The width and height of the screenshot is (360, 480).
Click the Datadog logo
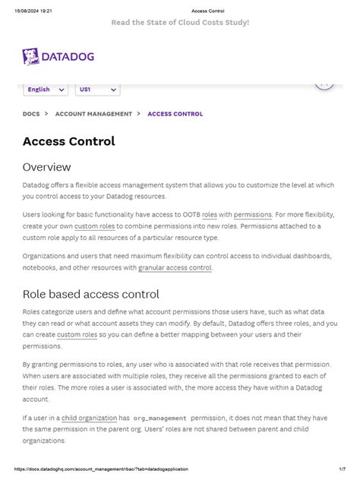point(63,57)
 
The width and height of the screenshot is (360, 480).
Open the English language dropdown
point(46,90)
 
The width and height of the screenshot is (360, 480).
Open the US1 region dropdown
point(97,90)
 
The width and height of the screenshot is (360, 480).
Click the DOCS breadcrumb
point(31,114)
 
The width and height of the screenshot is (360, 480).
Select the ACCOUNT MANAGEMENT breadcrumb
point(87,114)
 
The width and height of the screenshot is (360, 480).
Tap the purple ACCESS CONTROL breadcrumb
point(175,114)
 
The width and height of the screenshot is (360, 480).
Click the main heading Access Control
point(69,141)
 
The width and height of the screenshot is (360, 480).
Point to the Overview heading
point(46,166)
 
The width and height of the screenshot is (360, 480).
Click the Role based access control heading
point(90,294)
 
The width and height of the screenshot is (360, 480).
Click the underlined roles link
point(210,215)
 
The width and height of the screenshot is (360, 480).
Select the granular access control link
point(175,267)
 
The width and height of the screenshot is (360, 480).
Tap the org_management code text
point(159,418)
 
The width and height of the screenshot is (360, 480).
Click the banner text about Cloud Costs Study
point(180,23)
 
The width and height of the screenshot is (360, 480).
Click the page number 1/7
point(343,469)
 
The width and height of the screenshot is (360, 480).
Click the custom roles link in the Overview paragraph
point(94,226)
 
